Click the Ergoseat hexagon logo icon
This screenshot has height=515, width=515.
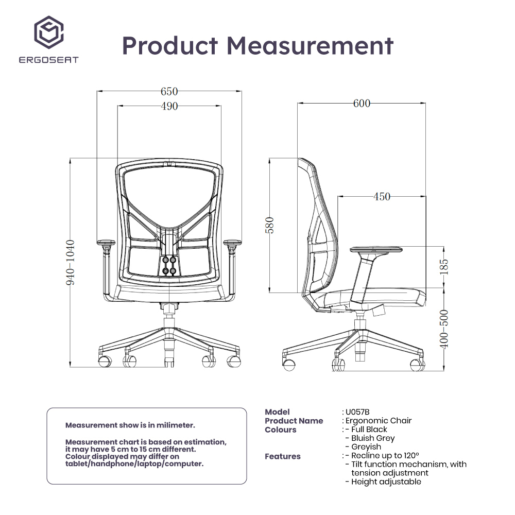click(x=49, y=32)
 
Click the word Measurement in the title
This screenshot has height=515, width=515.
click(x=310, y=45)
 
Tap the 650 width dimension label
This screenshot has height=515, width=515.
click(x=169, y=91)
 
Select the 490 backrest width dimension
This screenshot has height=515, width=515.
click(x=169, y=107)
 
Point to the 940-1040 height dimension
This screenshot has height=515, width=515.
click(x=70, y=263)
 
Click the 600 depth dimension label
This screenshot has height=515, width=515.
click(x=362, y=104)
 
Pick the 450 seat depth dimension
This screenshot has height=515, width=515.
click(x=382, y=197)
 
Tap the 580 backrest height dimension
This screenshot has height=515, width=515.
click(x=269, y=226)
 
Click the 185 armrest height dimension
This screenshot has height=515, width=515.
click(x=444, y=267)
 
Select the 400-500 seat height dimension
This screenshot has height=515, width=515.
click(x=444, y=329)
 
